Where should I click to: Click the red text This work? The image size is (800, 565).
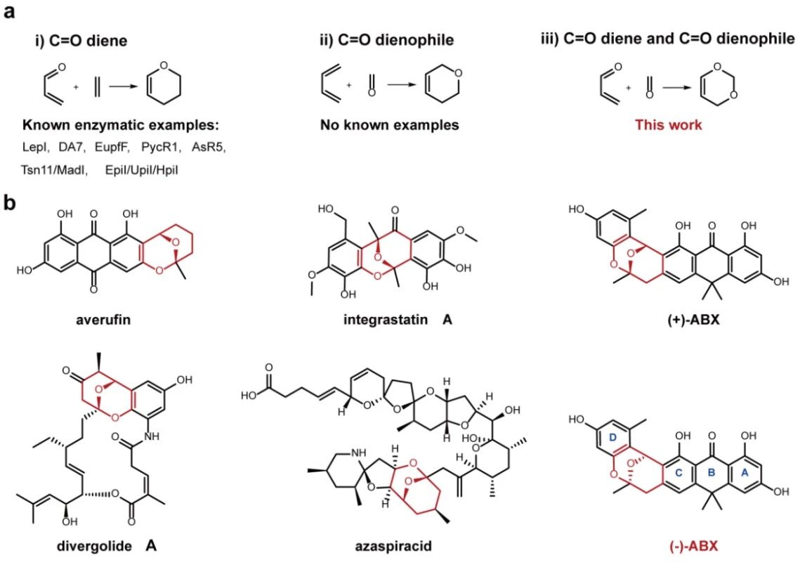(668, 125)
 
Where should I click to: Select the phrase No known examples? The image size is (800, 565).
(389, 125)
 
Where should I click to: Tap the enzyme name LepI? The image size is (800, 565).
(34, 150)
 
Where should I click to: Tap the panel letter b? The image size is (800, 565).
(10, 204)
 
